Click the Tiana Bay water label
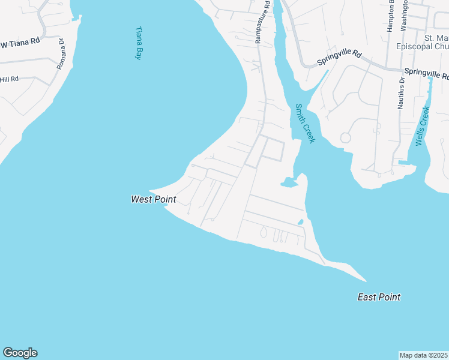(x=139, y=43)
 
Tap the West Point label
(x=153, y=199)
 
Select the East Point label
(x=379, y=297)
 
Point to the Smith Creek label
(x=304, y=124)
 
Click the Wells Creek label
(x=423, y=126)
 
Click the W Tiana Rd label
(x=19, y=43)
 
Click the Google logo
(x=20, y=353)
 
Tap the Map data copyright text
(x=424, y=355)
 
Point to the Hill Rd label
(x=10, y=79)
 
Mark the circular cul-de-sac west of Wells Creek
(x=345, y=138)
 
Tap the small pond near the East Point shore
(x=300, y=223)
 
